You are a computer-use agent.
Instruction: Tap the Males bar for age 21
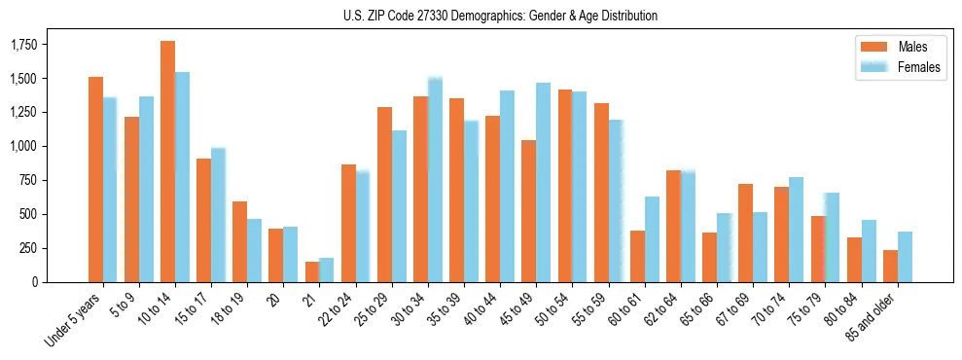pos(311,271)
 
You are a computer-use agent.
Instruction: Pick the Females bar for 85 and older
pos(905,257)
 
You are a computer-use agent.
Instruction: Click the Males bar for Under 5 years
pos(95,179)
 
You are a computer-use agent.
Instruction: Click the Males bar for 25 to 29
pos(384,195)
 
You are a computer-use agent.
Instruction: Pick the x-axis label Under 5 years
pos(74,320)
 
